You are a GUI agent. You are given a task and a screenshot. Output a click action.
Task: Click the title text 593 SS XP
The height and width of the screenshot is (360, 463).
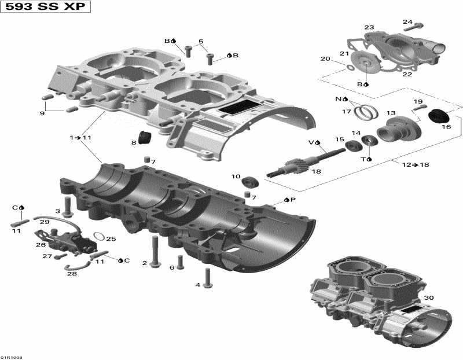tap(36, 9)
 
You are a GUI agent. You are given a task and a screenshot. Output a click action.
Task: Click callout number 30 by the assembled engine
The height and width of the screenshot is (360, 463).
tap(428, 297)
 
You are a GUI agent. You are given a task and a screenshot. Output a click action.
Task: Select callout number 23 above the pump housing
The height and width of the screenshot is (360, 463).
tap(369, 27)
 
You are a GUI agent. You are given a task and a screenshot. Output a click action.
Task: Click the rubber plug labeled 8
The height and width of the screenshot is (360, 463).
tap(144, 139)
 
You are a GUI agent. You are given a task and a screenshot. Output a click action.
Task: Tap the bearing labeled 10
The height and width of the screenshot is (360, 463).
tap(251, 181)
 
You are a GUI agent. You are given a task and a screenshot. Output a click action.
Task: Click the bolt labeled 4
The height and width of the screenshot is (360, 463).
tap(208, 279)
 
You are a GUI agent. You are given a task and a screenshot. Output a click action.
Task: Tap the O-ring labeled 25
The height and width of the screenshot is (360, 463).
tap(99, 237)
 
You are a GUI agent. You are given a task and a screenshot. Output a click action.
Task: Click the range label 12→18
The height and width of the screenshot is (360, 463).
tap(416, 165)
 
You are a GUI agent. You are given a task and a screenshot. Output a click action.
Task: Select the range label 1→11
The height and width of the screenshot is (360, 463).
tap(81, 138)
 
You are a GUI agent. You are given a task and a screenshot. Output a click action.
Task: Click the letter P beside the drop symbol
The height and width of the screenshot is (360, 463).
tap(293, 200)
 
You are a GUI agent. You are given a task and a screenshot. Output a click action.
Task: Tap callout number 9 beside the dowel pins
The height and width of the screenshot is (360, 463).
tap(42, 113)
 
